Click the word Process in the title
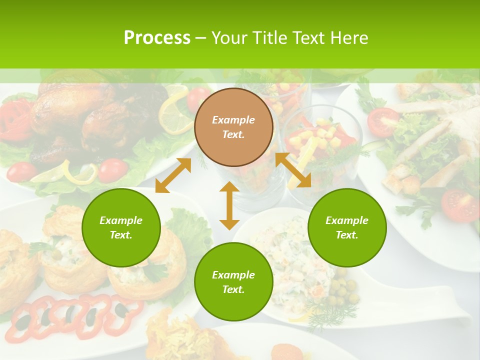click(x=157, y=38)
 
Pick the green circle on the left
click(x=121, y=227)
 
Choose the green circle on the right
click(x=347, y=227)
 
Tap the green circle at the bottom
click(x=233, y=281)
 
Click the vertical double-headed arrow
click(x=229, y=205)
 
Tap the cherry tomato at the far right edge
click(x=460, y=205)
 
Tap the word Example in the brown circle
click(x=233, y=120)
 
